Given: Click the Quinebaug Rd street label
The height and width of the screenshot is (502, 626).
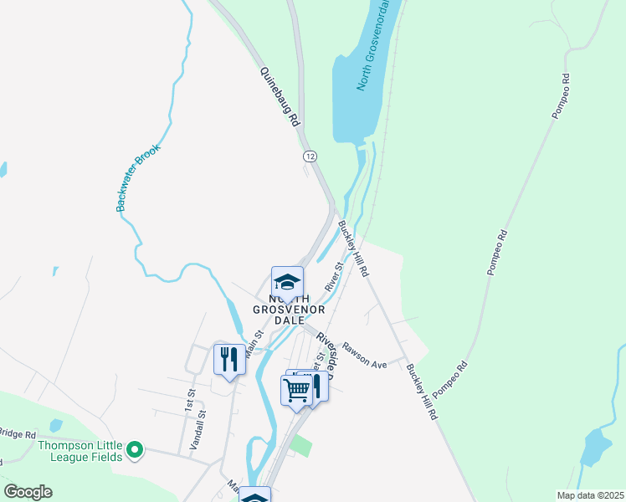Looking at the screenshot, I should (280, 97).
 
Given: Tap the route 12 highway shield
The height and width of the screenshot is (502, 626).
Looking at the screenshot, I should (310, 156).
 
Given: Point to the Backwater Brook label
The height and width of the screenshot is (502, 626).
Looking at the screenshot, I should (138, 177).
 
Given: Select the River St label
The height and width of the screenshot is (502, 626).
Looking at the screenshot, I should (335, 277).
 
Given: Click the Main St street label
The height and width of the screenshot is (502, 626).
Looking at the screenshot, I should (254, 344).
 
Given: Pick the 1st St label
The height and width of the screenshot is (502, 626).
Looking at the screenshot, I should (191, 397).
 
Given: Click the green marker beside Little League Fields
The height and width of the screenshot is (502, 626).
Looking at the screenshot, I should (134, 452).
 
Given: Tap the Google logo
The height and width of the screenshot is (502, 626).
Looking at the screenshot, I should (28, 492).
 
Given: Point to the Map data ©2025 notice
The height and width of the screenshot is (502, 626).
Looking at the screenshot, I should (589, 495).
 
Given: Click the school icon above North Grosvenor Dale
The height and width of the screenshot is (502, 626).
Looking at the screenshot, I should (287, 281).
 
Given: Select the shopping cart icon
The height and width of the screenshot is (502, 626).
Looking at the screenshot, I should (296, 389).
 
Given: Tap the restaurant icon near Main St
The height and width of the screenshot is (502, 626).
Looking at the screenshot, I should (228, 359).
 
